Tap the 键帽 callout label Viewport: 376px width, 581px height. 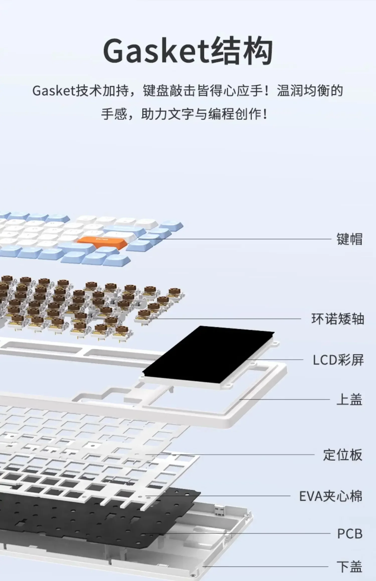click(x=349, y=239)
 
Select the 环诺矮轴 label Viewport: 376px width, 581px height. click(x=337, y=319)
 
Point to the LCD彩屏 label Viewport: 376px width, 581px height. click(x=338, y=360)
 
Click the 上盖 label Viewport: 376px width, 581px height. click(x=349, y=399)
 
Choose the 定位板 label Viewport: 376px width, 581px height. click(x=343, y=455)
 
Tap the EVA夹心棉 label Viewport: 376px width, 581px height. click(x=331, y=496)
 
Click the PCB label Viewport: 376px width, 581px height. click(x=350, y=534)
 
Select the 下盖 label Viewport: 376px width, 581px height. click(x=349, y=567)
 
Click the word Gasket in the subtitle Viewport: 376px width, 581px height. click(x=54, y=91)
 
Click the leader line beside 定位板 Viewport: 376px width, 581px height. click(x=231, y=454)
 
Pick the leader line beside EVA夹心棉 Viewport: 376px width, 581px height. click(x=218, y=496)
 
